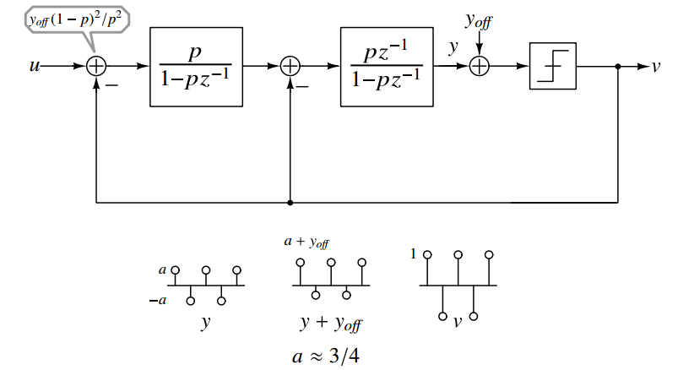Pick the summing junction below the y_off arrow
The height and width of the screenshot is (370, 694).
[x=480, y=66]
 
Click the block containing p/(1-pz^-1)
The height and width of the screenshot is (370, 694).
[x=196, y=66]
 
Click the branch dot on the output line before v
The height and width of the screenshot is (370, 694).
[x=619, y=66]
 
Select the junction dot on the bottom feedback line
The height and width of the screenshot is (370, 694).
[x=290, y=203]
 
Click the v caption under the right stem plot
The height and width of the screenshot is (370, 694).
[x=457, y=322]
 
